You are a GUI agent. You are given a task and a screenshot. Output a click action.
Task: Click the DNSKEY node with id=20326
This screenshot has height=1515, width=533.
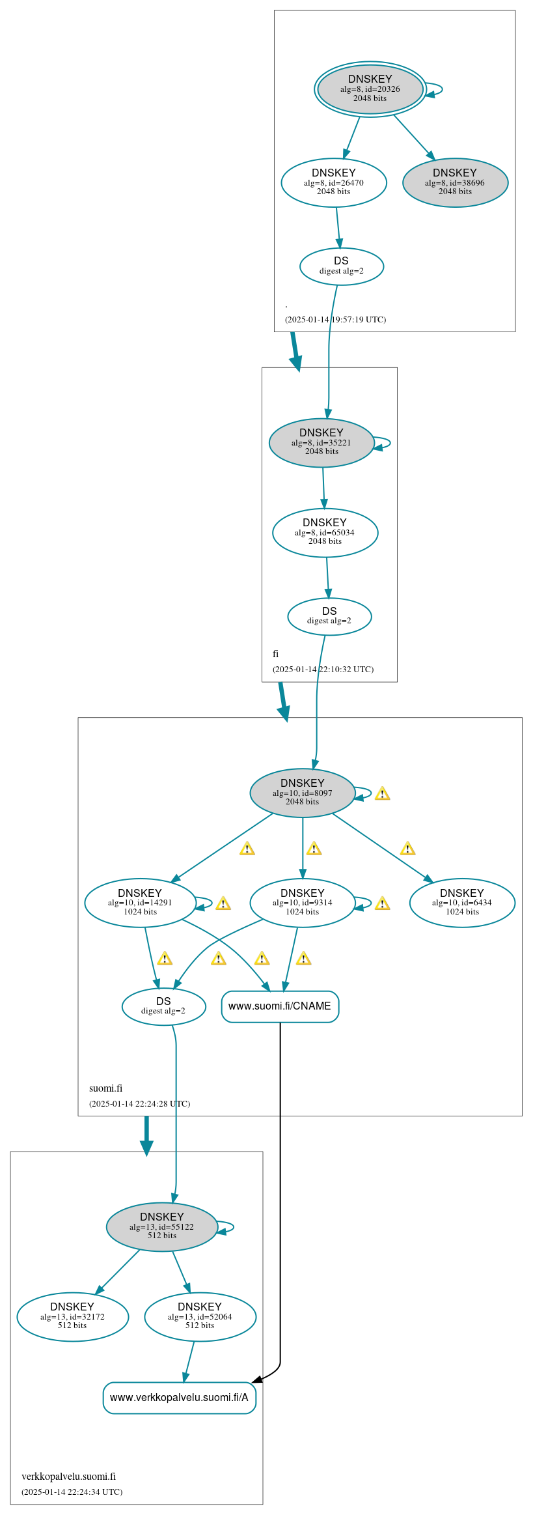[370, 89]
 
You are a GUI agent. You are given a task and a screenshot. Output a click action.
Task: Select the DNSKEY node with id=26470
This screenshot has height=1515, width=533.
[334, 182]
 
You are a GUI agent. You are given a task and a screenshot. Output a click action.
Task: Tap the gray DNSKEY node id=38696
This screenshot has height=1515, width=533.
[455, 182]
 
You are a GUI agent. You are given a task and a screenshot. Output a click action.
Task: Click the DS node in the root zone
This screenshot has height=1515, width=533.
[342, 266]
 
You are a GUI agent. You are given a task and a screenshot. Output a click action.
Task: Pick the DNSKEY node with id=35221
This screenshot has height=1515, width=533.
[321, 442]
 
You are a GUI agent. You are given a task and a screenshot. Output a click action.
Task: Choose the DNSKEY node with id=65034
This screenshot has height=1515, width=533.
[325, 532]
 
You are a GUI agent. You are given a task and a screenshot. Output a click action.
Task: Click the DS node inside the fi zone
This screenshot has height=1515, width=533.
[329, 616]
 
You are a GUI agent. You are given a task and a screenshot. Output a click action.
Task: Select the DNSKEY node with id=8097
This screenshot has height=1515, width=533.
[303, 793]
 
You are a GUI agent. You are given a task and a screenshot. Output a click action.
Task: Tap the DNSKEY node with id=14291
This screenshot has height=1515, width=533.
[140, 903]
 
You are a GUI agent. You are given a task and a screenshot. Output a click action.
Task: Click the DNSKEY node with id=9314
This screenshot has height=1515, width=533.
[303, 903]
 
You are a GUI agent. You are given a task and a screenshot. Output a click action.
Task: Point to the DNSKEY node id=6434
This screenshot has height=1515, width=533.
[462, 903]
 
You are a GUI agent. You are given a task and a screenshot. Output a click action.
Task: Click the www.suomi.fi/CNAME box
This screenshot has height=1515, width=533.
[280, 1006]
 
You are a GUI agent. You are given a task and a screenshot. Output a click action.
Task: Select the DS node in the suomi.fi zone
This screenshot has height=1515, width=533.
[163, 1006]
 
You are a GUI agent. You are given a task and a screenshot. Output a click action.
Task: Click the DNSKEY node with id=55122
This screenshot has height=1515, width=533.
[162, 1226]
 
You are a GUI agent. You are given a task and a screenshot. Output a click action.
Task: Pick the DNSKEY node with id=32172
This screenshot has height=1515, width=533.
[72, 1316]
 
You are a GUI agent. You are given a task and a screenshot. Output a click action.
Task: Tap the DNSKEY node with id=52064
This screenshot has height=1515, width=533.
[200, 1316]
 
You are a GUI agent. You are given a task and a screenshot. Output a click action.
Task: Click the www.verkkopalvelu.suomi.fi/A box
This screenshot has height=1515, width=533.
[180, 1398]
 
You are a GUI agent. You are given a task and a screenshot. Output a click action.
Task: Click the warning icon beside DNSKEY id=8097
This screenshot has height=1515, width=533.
[383, 793]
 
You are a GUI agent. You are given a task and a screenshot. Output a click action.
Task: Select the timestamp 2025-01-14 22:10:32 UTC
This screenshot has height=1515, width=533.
[323, 669]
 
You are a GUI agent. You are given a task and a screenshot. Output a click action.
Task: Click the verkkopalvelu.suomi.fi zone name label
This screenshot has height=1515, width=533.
[68, 1476]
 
